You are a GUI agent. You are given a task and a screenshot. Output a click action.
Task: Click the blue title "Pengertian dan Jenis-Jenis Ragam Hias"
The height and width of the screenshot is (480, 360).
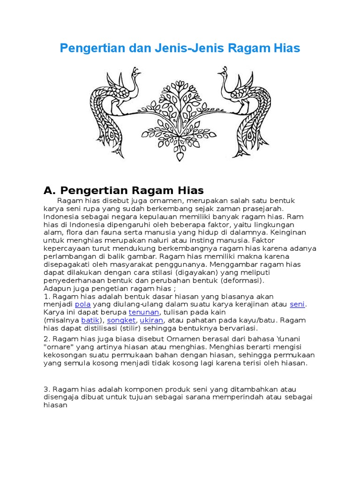pyautogui.click(x=180, y=48)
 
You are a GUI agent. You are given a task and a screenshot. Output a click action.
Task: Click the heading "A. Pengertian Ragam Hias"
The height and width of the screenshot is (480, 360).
pyautogui.click(x=123, y=190)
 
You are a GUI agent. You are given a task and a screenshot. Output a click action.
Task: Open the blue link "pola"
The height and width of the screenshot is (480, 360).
pyautogui.click(x=82, y=304)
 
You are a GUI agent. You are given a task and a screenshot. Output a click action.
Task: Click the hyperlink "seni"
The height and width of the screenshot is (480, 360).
pyautogui.click(x=297, y=304)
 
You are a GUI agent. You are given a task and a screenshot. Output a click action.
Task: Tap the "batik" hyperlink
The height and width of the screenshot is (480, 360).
pyautogui.click(x=90, y=320)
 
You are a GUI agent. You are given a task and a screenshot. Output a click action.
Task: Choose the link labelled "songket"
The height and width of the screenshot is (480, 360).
pyautogui.click(x=121, y=320)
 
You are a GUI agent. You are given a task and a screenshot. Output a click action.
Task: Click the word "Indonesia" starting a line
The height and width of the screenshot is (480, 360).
pyautogui.click(x=61, y=217)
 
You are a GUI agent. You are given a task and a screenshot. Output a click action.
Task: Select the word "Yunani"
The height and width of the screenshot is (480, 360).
pyautogui.click(x=289, y=338)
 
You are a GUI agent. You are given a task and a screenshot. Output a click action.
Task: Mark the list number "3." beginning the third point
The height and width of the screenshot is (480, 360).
pyautogui.click(x=46, y=390)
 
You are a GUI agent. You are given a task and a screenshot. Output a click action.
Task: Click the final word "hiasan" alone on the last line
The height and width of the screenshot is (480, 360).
pyautogui.click(x=56, y=405)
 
